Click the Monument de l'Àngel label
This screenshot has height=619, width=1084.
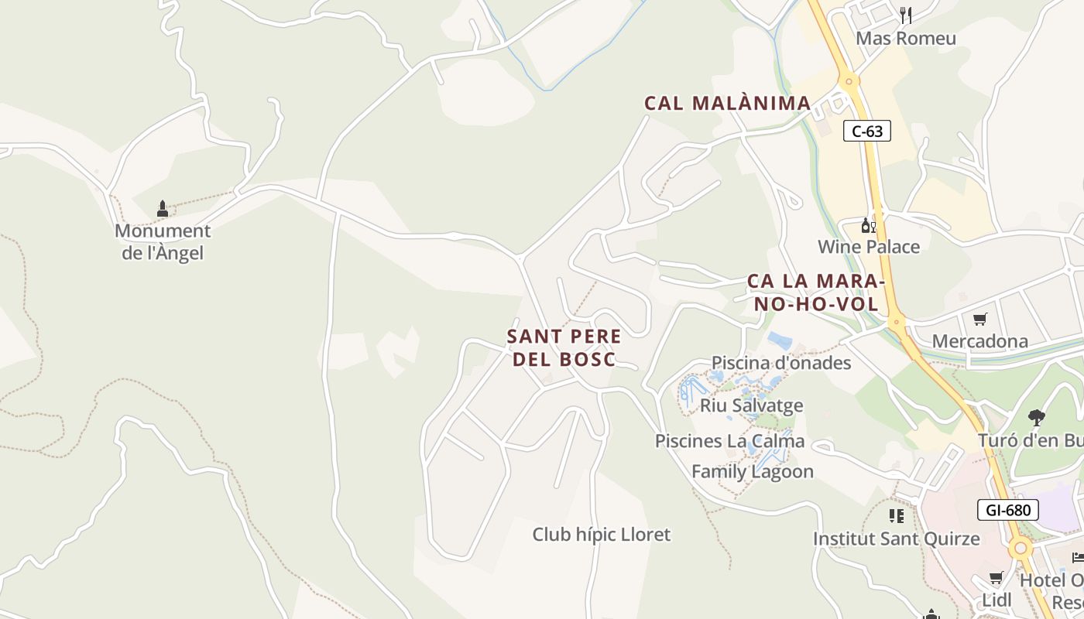tap(162, 241)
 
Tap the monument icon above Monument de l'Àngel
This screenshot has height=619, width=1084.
tap(163, 209)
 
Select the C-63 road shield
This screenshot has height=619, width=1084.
tap(867, 132)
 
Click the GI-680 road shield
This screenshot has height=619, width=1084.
tap(1008, 510)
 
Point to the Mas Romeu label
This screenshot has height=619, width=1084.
tap(905, 38)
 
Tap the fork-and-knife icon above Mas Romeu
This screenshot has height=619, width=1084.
tap(906, 15)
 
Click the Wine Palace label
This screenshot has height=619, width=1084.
tap(869, 247)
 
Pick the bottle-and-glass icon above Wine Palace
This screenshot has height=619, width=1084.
tap(868, 225)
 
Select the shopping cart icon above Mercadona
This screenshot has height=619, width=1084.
tap(980, 319)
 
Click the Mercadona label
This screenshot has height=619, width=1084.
tap(979, 341)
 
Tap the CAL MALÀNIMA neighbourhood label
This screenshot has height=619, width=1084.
tap(728, 103)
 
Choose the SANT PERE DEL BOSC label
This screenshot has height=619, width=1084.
tap(564, 347)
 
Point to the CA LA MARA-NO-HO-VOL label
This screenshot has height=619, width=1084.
tap(816, 292)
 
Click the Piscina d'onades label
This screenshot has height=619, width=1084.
tap(780, 363)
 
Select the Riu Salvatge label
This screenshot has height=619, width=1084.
tap(751, 405)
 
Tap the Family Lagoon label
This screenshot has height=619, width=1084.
tap(752, 471)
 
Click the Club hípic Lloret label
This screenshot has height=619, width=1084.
tap(601, 534)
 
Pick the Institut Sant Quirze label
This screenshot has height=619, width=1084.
tap(896, 539)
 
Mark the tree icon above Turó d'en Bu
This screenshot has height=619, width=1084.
tap(1037, 418)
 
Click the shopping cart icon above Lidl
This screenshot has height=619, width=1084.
tap(997, 577)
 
